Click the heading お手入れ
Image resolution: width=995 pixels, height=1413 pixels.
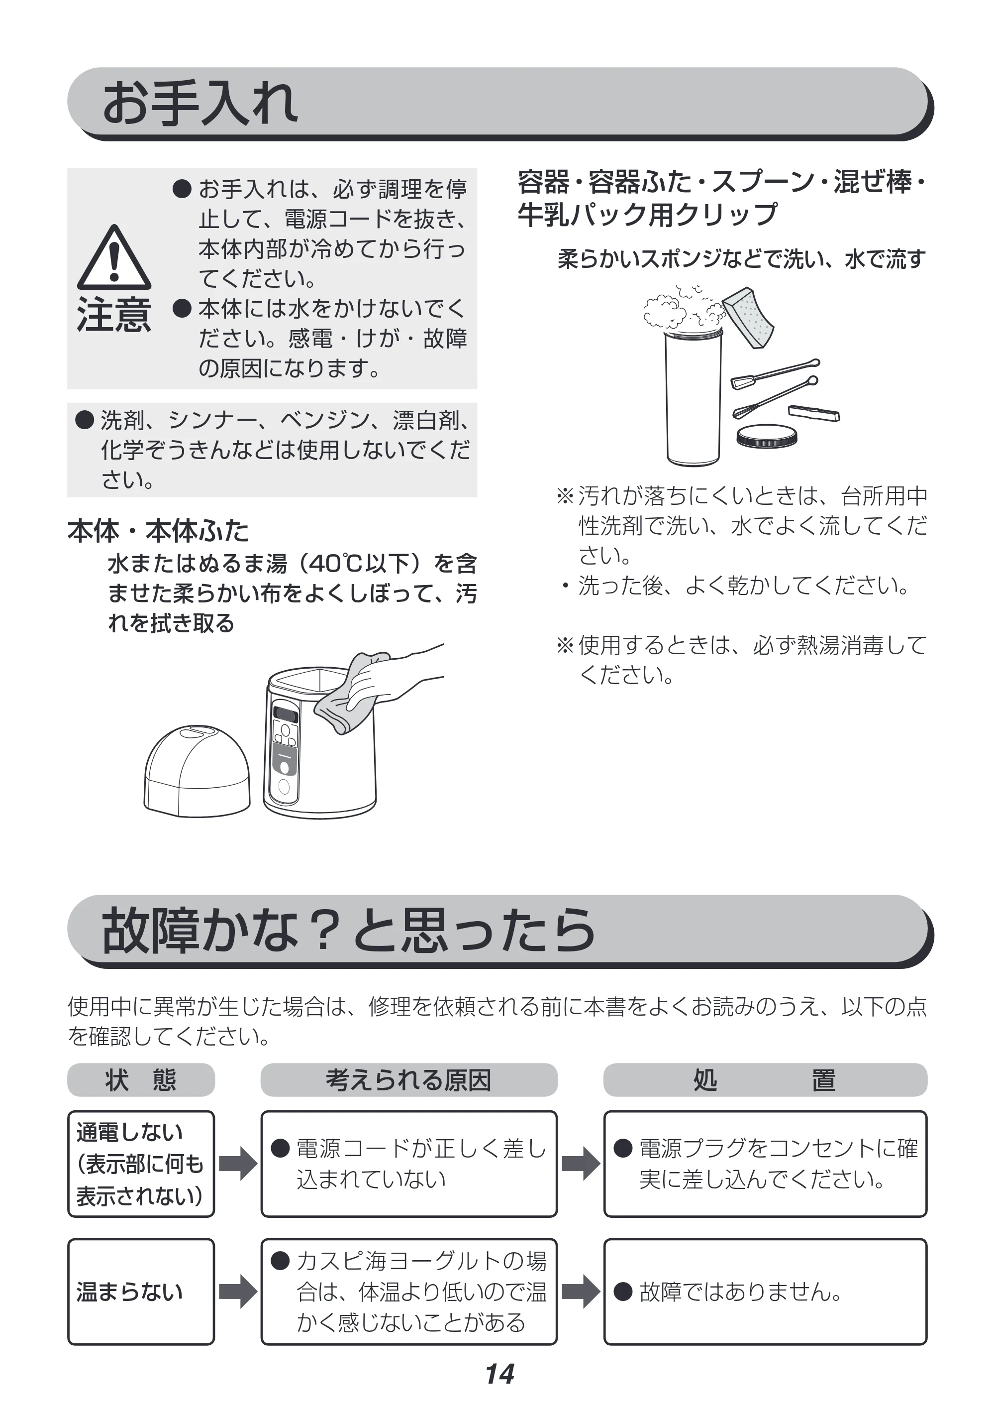coord(200,103)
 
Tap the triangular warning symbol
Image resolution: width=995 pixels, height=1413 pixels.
coord(114,258)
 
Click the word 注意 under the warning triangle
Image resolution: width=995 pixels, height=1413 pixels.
coord(114,315)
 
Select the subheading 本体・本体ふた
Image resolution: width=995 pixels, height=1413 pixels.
coord(158,530)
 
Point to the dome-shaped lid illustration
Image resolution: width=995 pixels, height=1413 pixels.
coord(197,772)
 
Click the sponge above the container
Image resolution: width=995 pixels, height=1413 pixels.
coord(748,318)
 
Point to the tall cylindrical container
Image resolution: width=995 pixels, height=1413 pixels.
coord(693,397)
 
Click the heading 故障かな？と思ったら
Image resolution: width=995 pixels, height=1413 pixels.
coord(349,931)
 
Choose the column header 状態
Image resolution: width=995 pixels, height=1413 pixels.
coord(141,1080)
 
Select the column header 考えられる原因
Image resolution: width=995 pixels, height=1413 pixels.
coord(409,1080)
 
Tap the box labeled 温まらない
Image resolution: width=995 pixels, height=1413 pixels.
coord(141,1292)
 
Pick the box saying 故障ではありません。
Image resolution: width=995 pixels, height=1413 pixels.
coord(765,1292)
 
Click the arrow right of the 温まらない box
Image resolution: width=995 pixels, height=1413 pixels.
coord(238,1292)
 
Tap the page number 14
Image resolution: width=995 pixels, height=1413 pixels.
coord(499,1374)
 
